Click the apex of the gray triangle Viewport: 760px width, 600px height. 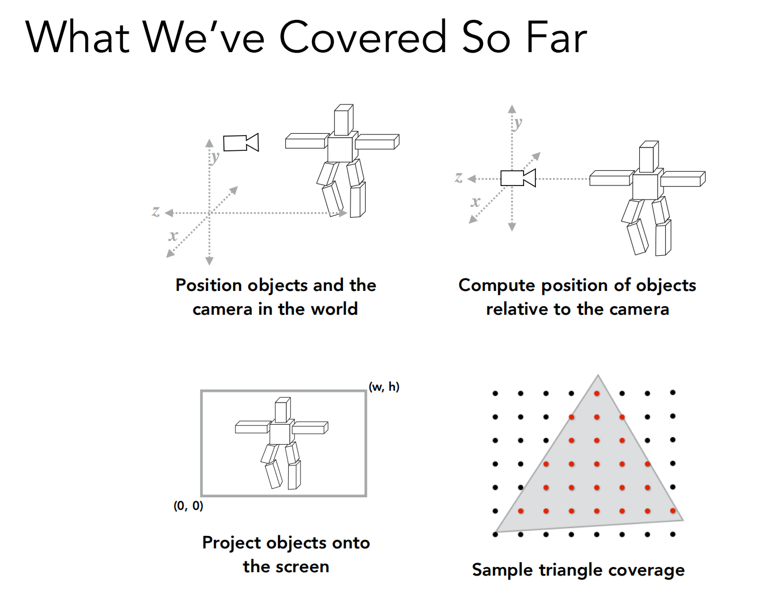click(x=598, y=375)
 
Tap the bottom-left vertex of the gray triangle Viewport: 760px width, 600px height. click(x=495, y=532)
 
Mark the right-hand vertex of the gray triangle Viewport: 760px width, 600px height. click(x=683, y=520)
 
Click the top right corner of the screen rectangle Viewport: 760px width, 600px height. click(x=366, y=391)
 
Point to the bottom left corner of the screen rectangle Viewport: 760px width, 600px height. click(x=201, y=496)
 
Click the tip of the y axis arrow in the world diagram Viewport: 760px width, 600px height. click(x=209, y=139)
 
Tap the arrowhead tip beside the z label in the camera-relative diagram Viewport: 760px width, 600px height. click(x=467, y=179)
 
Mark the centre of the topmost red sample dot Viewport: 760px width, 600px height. click(x=597, y=393)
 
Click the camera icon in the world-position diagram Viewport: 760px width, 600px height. click(x=241, y=143)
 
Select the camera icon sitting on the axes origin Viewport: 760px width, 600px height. click(x=518, y=178)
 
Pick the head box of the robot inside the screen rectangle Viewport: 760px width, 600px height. click(x=282, y=409)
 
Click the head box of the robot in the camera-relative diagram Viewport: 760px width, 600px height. click(x=649, y=157)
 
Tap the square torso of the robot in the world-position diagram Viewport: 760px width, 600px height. click(x=340, y=149)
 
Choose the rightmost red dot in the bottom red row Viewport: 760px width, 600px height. click(x=673, y=510)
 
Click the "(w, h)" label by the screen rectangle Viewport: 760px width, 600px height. click(x=384, y=387)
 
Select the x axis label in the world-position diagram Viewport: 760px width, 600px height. click(x=173, y=235)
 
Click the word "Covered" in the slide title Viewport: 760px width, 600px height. click(x=363, y=37)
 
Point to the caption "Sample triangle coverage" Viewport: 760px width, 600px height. click(x=578, y=571)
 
